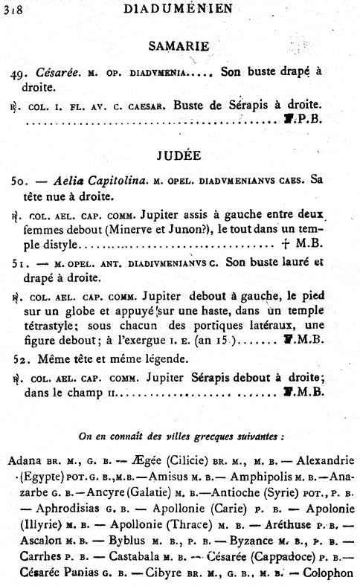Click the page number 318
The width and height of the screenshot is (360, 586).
(13, 9)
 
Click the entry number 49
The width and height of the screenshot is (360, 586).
(20, 73)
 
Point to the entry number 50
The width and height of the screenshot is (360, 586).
(19, 181)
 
